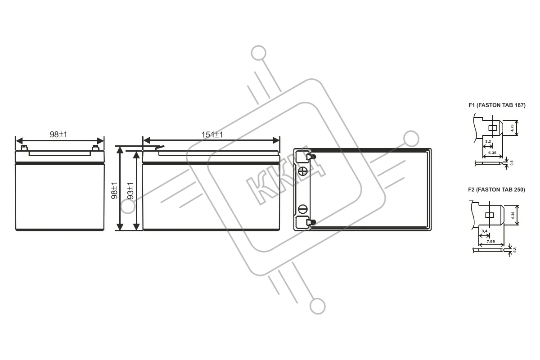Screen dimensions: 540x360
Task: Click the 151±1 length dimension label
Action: pos(212,135)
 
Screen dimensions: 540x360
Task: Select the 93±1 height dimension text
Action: pos(130,191)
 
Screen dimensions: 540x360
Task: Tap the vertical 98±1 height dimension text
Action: pos(114,190)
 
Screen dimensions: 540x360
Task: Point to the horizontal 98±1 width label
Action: pos(58,135)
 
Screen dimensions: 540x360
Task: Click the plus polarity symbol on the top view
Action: pos(303,171)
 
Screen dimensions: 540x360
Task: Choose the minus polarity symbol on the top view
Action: pos(303,209)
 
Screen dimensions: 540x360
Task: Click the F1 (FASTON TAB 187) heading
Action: pos(497,105)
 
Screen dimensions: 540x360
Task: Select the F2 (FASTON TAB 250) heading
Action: pos(496,190)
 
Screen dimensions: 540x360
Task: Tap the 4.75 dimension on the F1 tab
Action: pos(512,128)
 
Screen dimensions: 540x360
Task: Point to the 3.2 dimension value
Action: pos(488,141)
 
